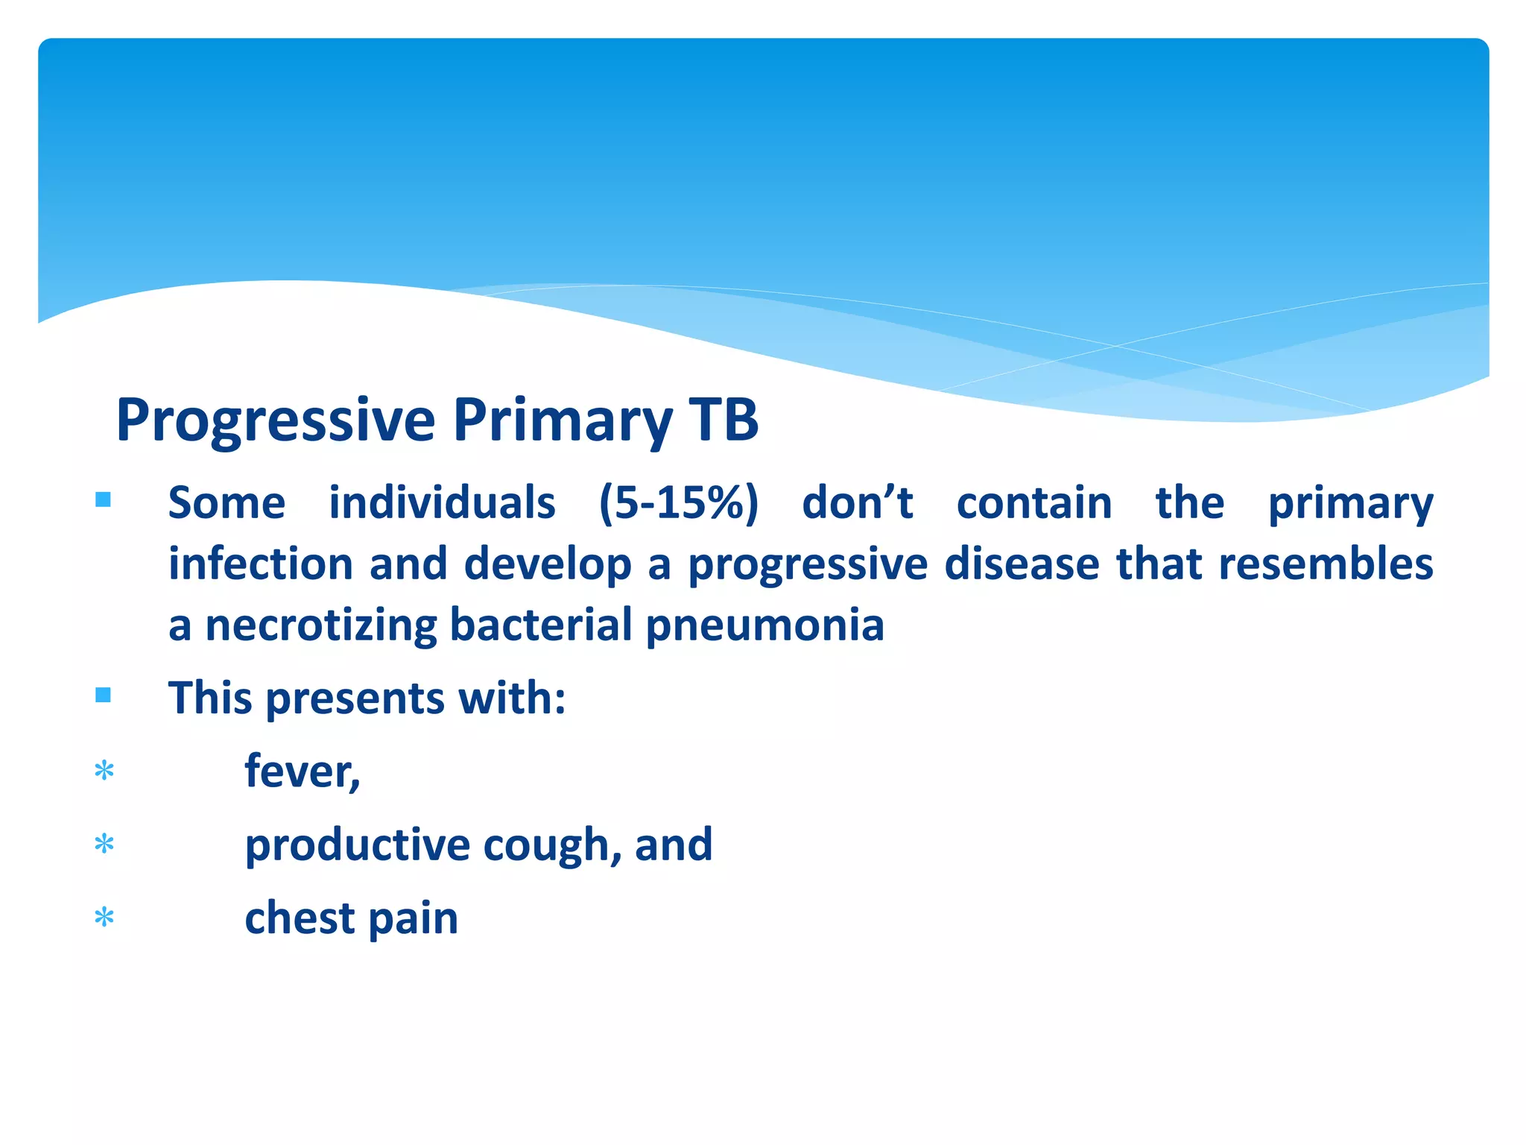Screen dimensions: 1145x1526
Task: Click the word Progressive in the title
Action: [276, 421]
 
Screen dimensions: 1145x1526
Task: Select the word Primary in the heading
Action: [563, 421]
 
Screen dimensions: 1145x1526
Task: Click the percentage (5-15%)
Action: [679, 502]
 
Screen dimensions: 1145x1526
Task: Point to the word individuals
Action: [442, 502]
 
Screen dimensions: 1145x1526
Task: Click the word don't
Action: [857, 502]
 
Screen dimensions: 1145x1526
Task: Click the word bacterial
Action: [541, 625]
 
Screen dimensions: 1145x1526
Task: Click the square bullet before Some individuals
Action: [104, 499]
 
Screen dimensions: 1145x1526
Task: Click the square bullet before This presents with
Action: [104, 695]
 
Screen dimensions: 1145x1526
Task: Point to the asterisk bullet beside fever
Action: [104, 770]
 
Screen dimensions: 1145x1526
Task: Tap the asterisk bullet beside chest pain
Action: [104, 917]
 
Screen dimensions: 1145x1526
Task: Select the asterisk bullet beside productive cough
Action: [104, 844]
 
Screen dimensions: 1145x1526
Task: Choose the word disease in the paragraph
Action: [1022, 564]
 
